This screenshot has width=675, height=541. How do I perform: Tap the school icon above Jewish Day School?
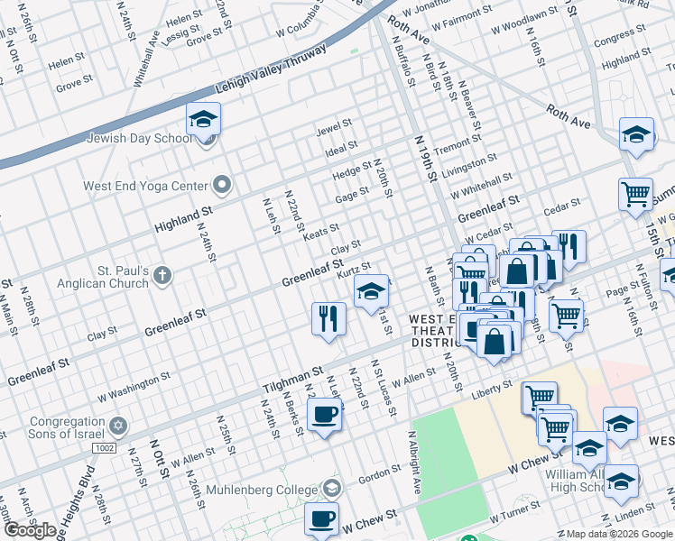point(204,119)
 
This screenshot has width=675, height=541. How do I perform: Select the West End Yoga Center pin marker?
point(223,187)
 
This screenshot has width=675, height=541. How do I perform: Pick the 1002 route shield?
point(104,448)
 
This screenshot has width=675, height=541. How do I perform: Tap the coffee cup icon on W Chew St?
point(322,519)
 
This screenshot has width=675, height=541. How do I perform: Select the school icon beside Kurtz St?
point(370,292)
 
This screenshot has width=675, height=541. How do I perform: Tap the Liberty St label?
point(492,390)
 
